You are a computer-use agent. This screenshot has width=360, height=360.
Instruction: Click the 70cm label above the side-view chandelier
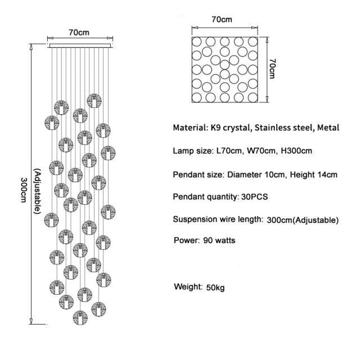click(x=78, y=31)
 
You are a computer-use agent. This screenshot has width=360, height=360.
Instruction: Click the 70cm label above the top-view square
click(x=222, y=19)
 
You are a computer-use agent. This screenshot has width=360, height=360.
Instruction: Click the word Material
click(x=190, y=128)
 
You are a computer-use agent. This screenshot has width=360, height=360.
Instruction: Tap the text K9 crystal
click(x=229, y=128)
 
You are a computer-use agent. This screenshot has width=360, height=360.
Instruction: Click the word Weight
click(x=187, y=287)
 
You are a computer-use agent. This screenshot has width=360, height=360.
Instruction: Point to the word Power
click(x=186, y=240)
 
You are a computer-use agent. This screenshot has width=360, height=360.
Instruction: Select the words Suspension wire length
click(x=217, y=219)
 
